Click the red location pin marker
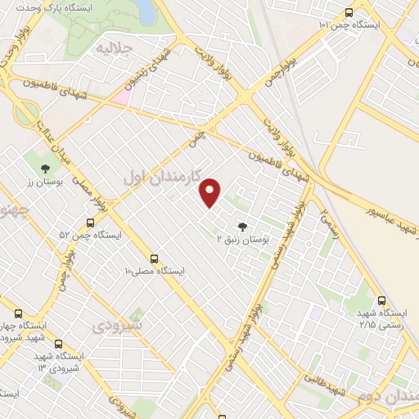coord(211,192)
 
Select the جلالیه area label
coord(115,48)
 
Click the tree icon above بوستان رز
coord(44,173)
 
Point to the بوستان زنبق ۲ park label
coord(242,240)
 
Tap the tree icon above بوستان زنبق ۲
coord(241,227)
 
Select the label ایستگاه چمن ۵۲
coord(90,235)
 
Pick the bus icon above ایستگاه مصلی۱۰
coord(155,256)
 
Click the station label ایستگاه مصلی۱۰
coord(155,269)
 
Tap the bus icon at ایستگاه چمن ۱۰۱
coord(349,12)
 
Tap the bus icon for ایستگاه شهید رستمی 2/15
coord(381,300)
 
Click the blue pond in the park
coord(144,11)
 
